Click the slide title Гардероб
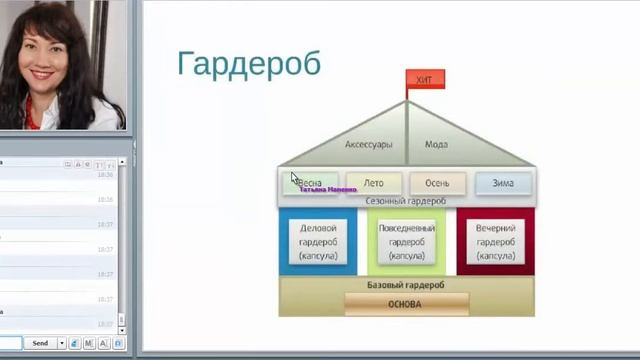(x=249, y=63)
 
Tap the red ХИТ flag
(x=424, y=80)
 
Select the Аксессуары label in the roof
(x=368, y=144)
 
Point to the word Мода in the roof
(x=436, y=144)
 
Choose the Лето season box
(x=374, y=183)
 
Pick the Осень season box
(x=438, y=183)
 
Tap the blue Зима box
(x=503, y=183)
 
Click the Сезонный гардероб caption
(x=406, y=201)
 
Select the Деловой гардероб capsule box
(x=318, y=242)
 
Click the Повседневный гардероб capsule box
(x=407, y=242)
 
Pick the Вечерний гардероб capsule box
(x=495, y=242)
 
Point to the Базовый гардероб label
(x=406, y=285)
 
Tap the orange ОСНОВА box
(x=406, y=304)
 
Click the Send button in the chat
(x=40, y=343)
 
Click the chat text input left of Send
(x=10, y=343)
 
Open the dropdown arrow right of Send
(x=62, y=343)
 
